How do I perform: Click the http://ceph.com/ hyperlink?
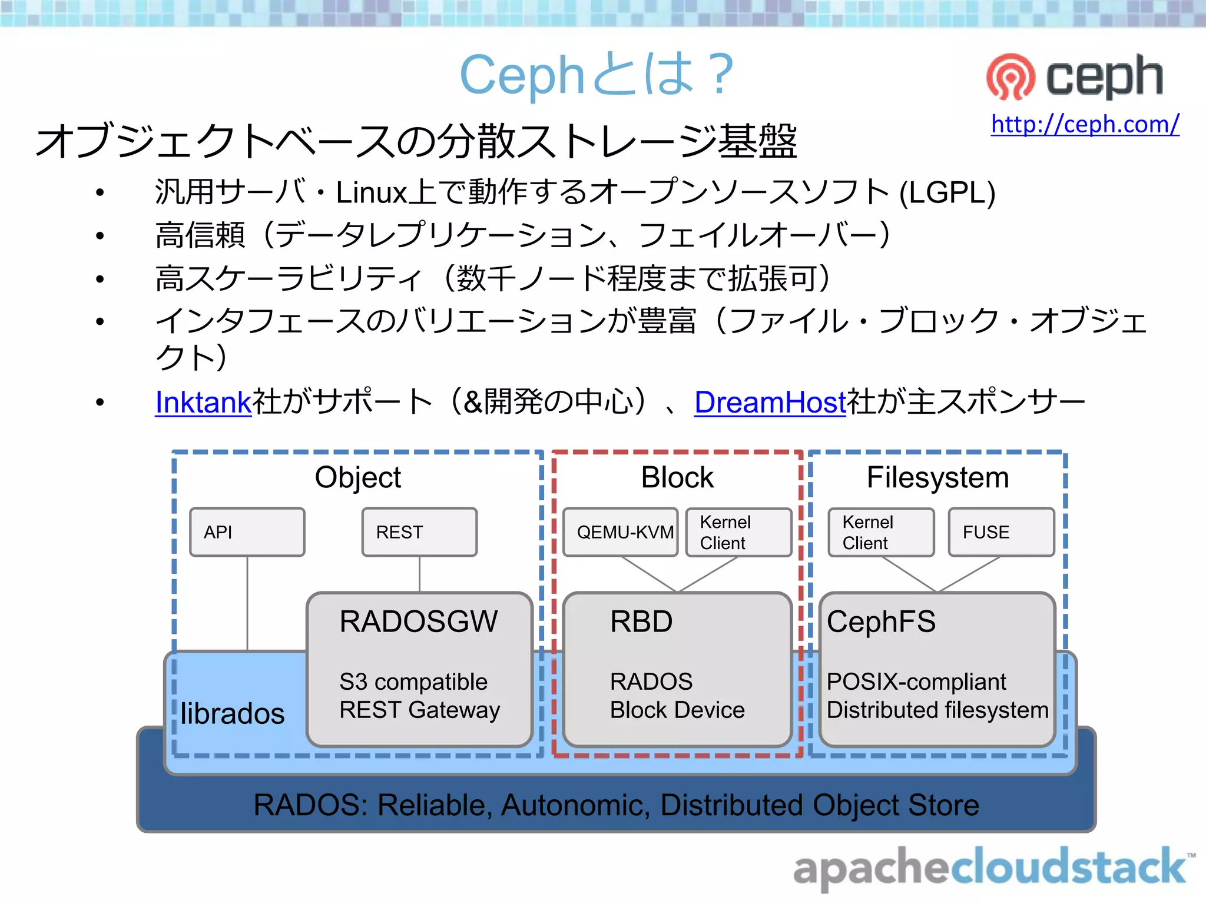[1085, 124]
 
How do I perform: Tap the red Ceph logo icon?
[1010, 77]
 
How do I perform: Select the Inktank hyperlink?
[203, 403]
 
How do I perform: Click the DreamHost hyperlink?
[770, 403]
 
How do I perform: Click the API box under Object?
[247, 532]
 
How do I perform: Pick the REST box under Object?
[419, 532]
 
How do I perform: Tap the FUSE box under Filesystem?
[1001, 532]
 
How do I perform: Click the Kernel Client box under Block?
[738, 532]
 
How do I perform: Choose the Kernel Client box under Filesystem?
[881, 532]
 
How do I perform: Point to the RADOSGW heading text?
[419, 621]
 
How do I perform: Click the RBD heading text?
[641, 621]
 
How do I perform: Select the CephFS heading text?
[881, 621]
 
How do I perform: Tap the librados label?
[233, 713]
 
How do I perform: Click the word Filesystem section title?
[937, 477]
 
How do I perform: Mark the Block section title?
[677, 477]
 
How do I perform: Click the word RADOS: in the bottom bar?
[310, 805]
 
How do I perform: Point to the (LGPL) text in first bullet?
[947, 192]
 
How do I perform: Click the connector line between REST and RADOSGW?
[419, 574]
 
